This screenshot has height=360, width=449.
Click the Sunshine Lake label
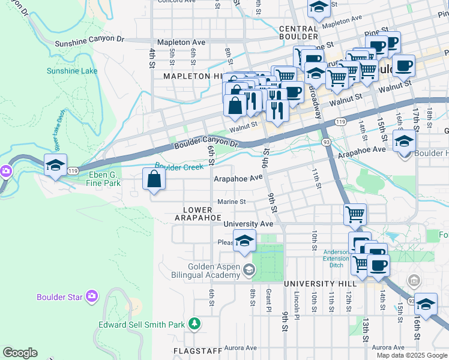click(72, 71)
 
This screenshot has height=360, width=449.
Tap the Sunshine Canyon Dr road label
click(89, 41)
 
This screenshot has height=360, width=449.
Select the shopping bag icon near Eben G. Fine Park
click(154, 179)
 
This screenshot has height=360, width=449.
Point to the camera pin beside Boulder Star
click(91, 296)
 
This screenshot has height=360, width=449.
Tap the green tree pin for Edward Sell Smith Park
click(194, 325)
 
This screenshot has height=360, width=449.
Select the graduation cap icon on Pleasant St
click(244, 241)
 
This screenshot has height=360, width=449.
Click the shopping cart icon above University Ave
click(355, 213)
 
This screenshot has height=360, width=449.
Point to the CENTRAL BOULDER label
click(298, 33)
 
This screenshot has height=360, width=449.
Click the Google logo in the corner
click(20, 353)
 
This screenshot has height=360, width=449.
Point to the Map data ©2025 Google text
click(412, 355)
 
